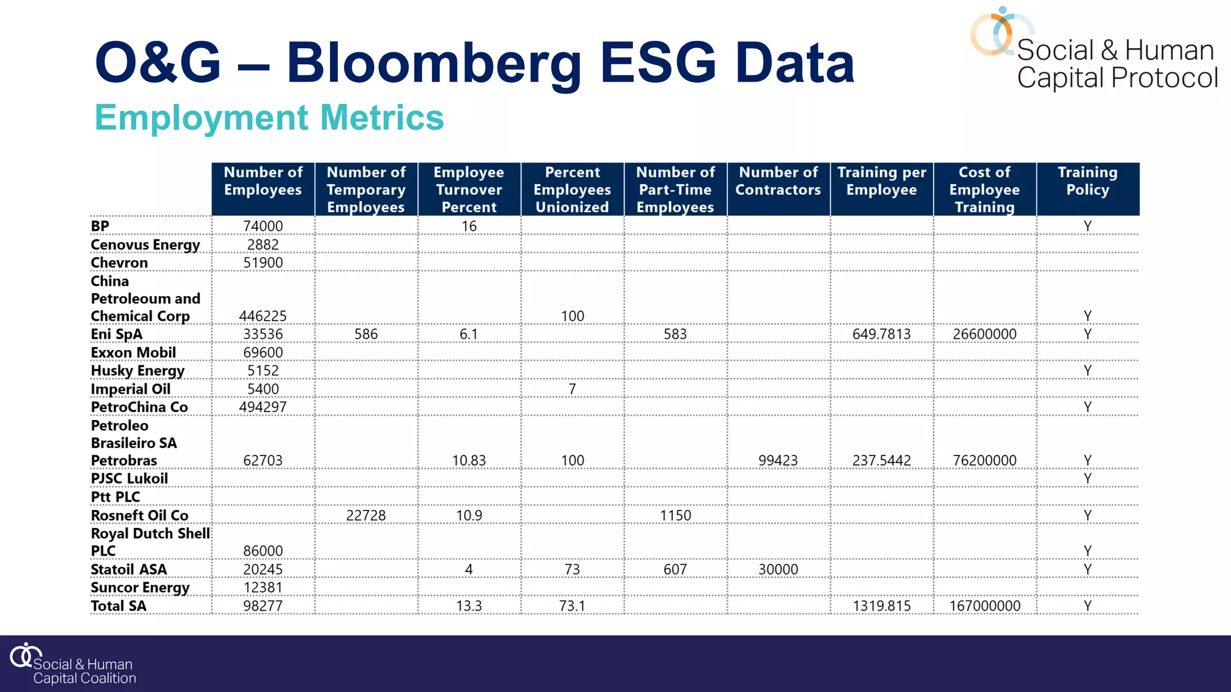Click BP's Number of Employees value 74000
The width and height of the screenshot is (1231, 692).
click(263, 226)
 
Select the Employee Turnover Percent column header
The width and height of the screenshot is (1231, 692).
click(469, 189)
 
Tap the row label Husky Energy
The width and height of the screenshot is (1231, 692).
click(138, 371)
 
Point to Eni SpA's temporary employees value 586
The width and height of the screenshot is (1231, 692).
click(365, 335)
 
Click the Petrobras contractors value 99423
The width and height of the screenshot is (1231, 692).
click(778, 461)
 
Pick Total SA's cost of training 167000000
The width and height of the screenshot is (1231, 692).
click(985, 606)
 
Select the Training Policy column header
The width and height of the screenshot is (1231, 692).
click(1087, 181)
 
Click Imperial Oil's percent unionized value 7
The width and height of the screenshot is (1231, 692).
click(572, 389)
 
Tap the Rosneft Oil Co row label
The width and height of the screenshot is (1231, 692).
click(139, 515)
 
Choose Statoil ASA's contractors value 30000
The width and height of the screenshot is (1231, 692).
click(778, 569)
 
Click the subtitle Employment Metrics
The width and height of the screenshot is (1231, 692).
click(269, 118)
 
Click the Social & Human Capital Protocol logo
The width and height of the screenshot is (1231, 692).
click(1093, 51)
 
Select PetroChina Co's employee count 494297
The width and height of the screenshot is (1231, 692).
click(263, 407)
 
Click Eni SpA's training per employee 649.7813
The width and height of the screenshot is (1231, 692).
click(881, 335)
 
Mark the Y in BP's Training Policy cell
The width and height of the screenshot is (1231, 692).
click(1087, 226)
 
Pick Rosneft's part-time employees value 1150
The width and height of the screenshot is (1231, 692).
click(675, 515)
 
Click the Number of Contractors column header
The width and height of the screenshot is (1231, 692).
click(778, 181)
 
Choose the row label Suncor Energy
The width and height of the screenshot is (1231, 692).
click(140, 587)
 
